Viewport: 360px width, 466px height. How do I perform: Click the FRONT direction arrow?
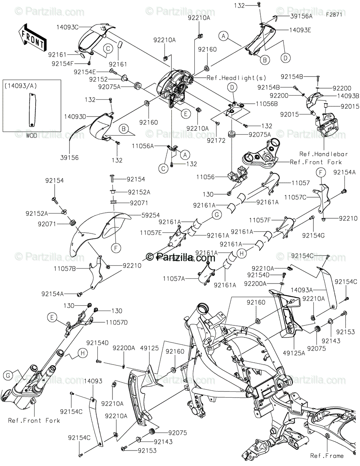click(x=32, y=36)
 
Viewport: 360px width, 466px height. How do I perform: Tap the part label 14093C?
click(x=68, y=27)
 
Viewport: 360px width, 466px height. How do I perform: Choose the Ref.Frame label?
click(x=327, y=456)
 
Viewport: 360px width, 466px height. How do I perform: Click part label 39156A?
click(x=301, y=16)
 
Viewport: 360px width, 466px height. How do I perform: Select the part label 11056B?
click(x=267, y=104)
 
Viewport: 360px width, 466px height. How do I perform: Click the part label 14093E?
click(x=299, y=30)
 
